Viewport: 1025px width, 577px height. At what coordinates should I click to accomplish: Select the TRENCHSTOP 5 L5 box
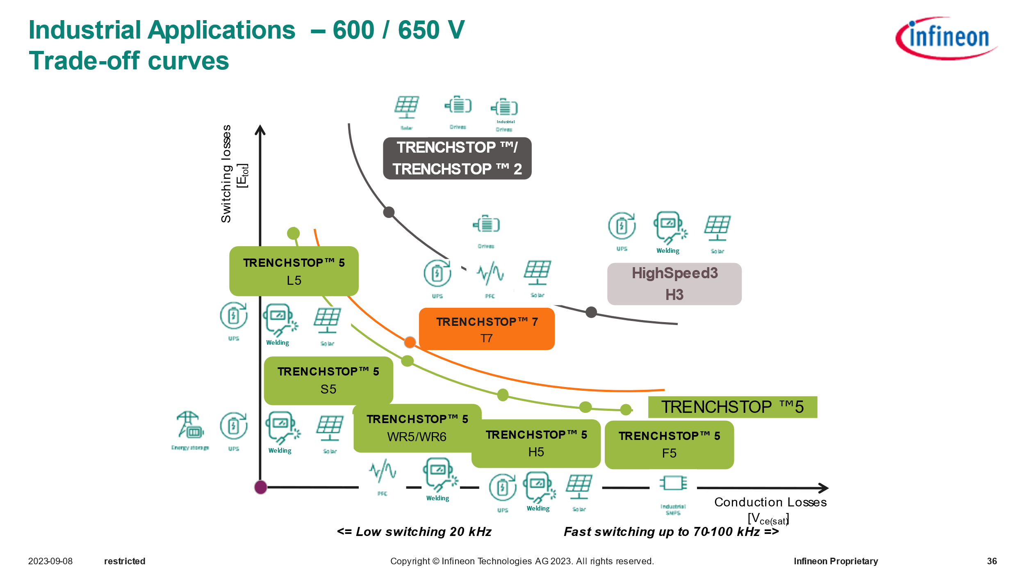[x=294, y=271]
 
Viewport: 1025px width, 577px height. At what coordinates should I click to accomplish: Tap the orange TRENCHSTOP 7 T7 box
[x=486, y=329]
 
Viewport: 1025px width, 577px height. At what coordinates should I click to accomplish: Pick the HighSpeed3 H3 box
[x=674, y=284]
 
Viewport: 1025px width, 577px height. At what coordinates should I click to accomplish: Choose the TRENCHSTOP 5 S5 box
[x=328, y=380]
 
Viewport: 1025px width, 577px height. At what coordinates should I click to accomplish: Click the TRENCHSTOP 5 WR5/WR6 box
[x=417, y=428]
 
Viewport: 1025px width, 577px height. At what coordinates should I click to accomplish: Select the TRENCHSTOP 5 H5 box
[x=536, y=443]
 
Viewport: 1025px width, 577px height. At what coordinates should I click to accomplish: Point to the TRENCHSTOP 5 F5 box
[x=669, y=444]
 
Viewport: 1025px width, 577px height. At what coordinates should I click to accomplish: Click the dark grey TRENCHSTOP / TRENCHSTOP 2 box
[x=457, y=158]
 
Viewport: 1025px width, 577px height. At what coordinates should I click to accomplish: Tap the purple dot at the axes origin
[x=261, y=487]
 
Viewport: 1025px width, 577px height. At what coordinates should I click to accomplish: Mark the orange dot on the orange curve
[x=410, y=342]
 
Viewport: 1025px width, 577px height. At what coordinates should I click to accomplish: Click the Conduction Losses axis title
[x=770, y=502]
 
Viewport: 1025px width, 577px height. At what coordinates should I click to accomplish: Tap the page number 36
[x=991, y=561]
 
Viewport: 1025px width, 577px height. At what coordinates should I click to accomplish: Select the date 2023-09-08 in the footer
[x=50, y=561]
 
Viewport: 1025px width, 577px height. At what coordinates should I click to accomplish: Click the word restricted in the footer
[x=125, y=561]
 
